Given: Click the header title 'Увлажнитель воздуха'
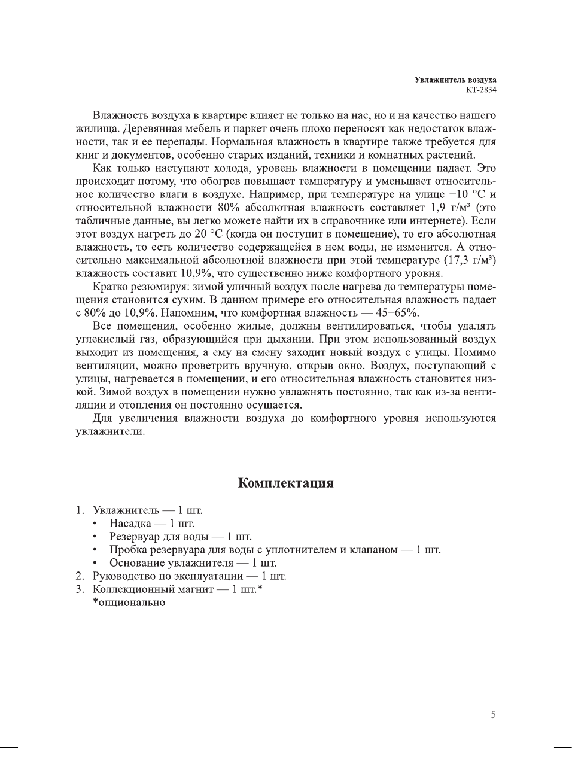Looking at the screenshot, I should pyautogui.click(x=455, y=80).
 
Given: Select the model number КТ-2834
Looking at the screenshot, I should pyautogui.click(x=481, y=90).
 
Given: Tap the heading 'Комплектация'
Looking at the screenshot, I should pyautogui.click(x=285, y=483).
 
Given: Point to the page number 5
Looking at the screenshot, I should pyautogui.click(x=493, y=714).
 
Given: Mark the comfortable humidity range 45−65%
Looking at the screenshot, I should pyautogui.click(x=397, y=313).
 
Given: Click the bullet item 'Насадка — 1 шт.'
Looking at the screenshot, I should pyautogui.click(x=151, y=524).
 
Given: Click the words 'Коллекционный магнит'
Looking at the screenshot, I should pyautogui.click(x=153, y=589).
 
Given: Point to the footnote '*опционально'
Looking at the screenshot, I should pyautogui.click(x=129, y=603).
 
